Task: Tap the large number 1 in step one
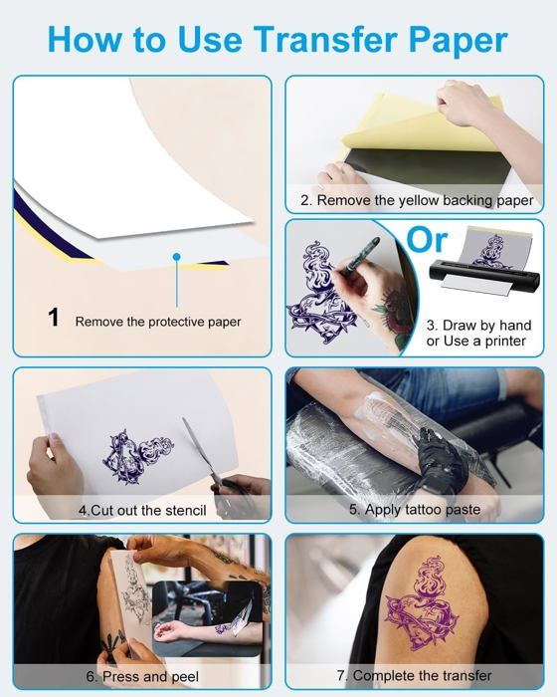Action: pyautogui.click(x=54, y=318)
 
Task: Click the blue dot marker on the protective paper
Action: pyautogui.click(x=177, y=257)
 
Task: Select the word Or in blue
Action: pyautogui.click(x=427, y=240)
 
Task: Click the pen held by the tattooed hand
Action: pyautogui.click(x=359, y=254)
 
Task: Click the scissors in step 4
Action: pyautogui.click(x=209, y=462)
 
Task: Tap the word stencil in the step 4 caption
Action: pyautogui.click(x=184, y=510)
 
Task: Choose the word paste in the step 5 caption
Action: pyautogui.click(x=462, y=510)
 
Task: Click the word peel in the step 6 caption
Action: pyautogui.click(x=185, y=676)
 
